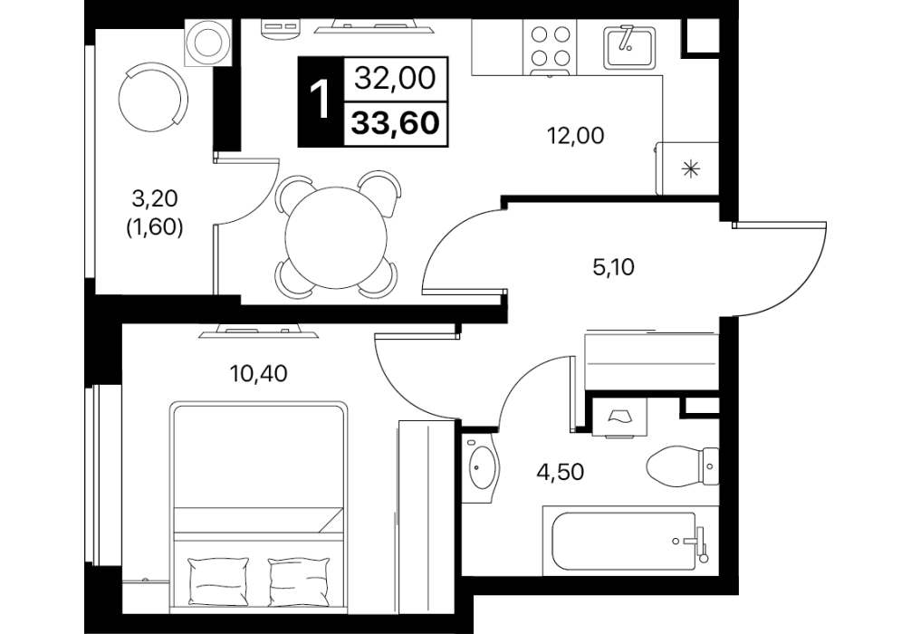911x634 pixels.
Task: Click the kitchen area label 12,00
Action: [x=575, y=136]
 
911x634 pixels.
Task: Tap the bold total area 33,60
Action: [x=395, y=123]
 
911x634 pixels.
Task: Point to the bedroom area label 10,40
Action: [x=259, y=374]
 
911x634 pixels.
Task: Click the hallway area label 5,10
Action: [x=613, y=268]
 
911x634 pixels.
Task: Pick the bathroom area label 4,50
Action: [x=560, y=471]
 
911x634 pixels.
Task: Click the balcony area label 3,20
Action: [x=155, y=199]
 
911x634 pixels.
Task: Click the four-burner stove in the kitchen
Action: [x=551, y=47]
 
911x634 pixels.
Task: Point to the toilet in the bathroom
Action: [x=683, y=466]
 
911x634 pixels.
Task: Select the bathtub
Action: [x=630, y=541]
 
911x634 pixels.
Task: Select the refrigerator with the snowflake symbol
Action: [x=686, y=168]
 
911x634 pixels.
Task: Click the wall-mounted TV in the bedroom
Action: [x=258, y=332]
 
